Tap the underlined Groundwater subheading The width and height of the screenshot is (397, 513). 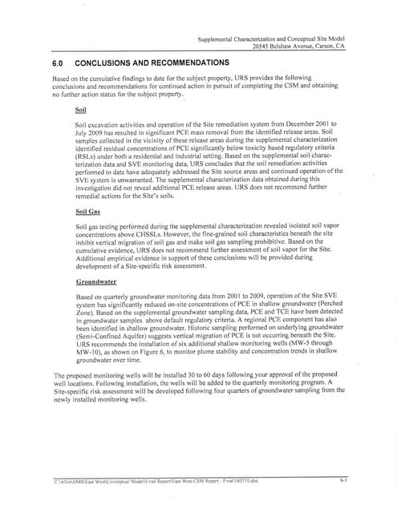(x=96, y=283)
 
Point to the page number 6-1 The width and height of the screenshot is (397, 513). (x=342, y=479)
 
